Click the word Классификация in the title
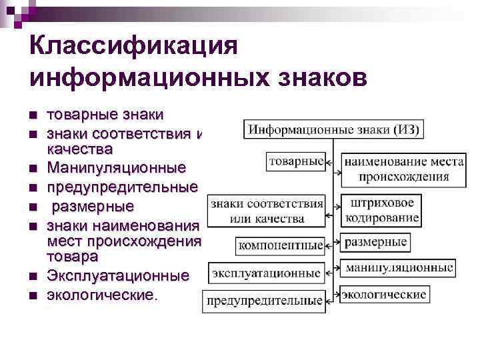click(x=134, y=47)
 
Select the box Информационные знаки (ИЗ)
click(x=334, y=129)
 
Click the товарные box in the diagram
click(x=297, y=160)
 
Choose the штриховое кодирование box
click(x=382, y=210)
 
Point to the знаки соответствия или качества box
click(x=267, y=210)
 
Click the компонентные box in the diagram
click(x=281, y=245)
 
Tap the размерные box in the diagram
click(x=376, y=242)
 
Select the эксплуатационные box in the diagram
click(x=267, y=273)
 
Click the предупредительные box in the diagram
click(x=265, y=301)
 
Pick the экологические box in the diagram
click(x=385, y=294)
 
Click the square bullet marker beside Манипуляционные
click(x=33, y=167)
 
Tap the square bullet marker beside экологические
click(x=33, y=294)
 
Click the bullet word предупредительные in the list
click(x=122, y=186)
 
